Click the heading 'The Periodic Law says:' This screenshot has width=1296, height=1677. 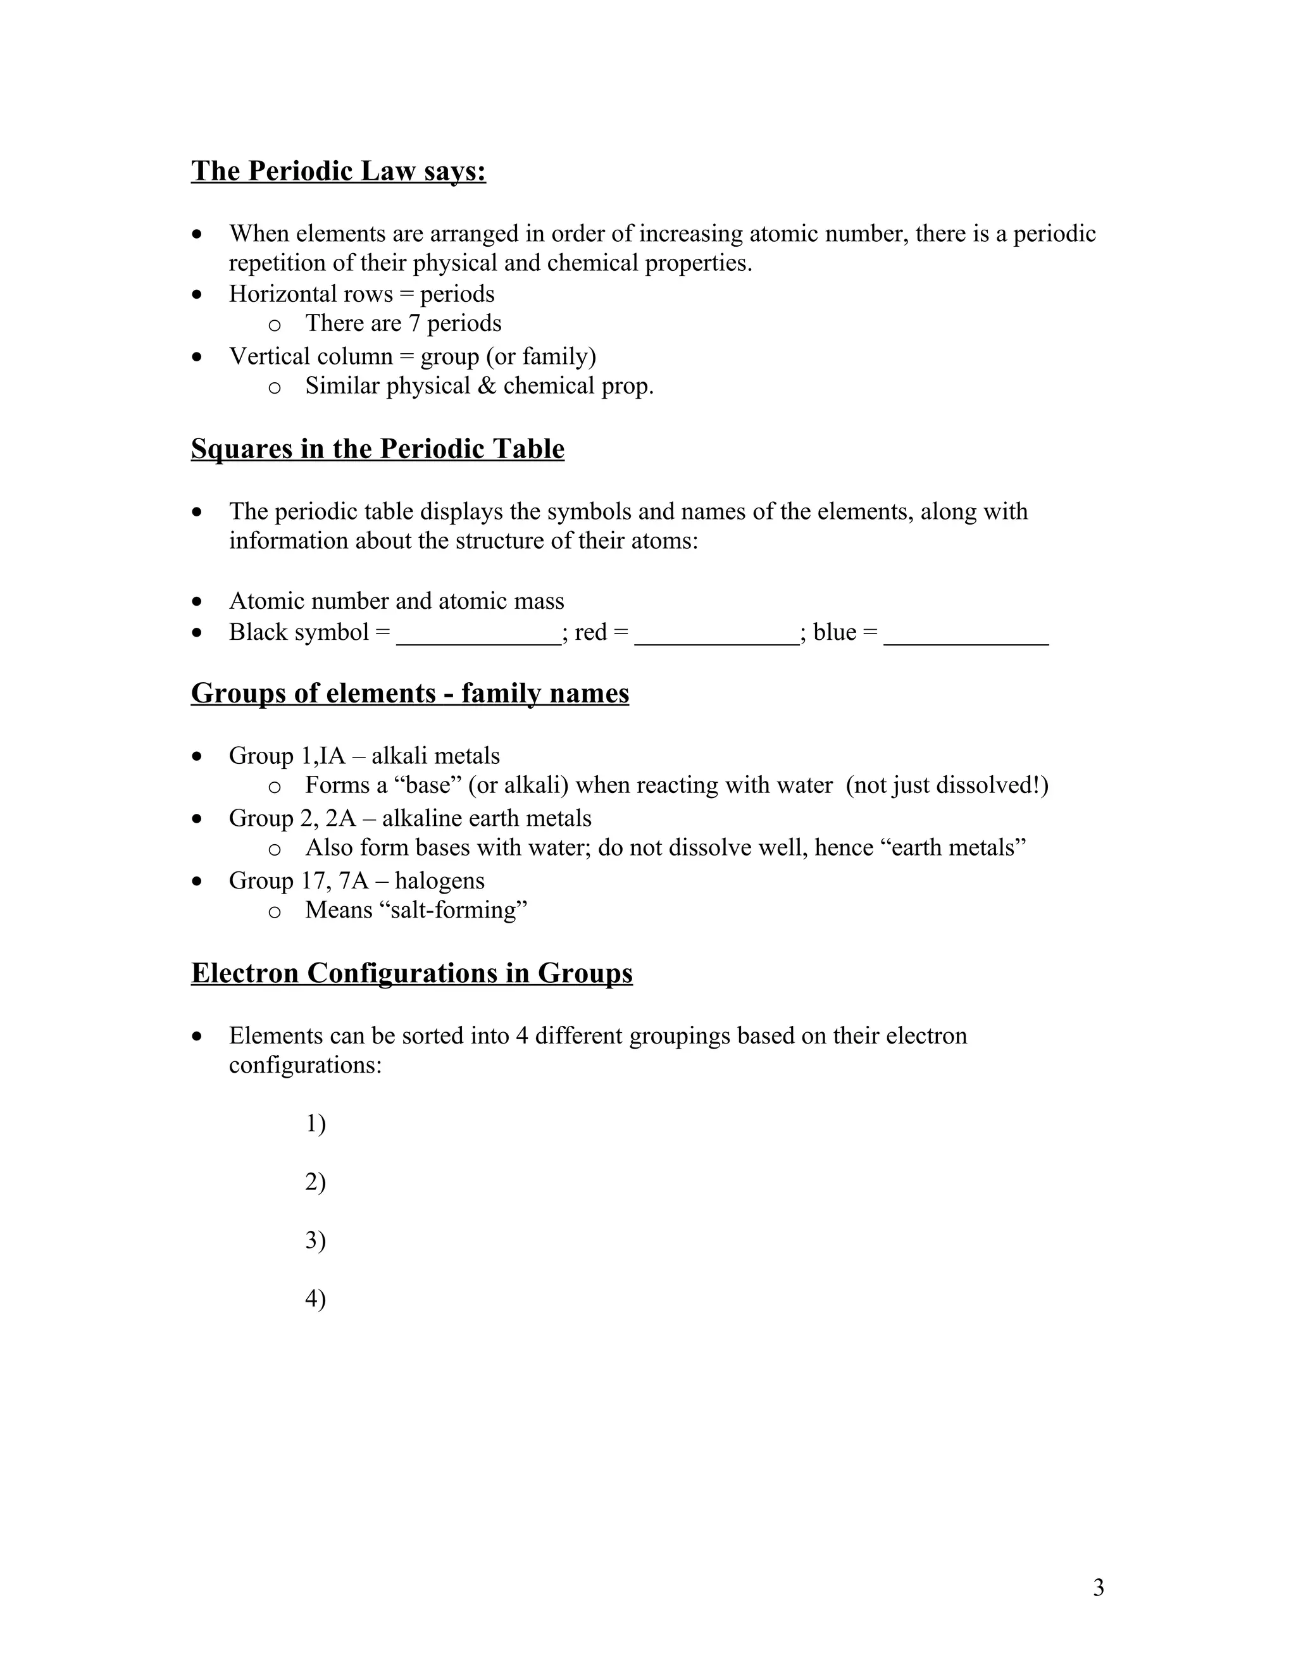point(339,170)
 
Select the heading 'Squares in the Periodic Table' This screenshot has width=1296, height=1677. point(377,449)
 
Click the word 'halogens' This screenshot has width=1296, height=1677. point(440,880)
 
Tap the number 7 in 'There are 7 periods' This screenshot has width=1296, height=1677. point(414,323)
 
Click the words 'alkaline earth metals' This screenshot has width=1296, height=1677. point(487,818)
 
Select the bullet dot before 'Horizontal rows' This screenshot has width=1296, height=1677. point(198,294)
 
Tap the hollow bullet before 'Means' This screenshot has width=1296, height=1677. point(274,911)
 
